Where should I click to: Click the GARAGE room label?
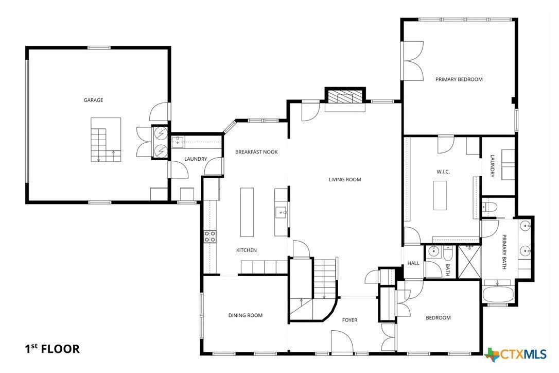(x=93, y=100)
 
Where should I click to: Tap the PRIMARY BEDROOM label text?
(x=459, y=79)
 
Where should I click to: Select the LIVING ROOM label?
(x=345, y=180)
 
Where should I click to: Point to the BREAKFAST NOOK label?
(x=256, y=152)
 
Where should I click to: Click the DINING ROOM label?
(x=246, y=315)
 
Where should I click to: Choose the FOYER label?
(x=350, y=320)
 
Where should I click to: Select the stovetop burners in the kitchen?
(x=210, y=236)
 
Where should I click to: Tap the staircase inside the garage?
(x=106, y=140)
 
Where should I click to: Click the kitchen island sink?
(x=281, y=211)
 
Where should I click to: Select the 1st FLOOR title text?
(x=53, y=349)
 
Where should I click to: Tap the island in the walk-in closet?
(x=440, y=196)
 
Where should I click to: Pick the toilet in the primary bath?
(x=490, y=207)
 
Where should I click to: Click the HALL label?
(x=413, y=263)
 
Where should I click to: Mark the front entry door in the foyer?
(x=342, y=343)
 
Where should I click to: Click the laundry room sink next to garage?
(x=178, y=141)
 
